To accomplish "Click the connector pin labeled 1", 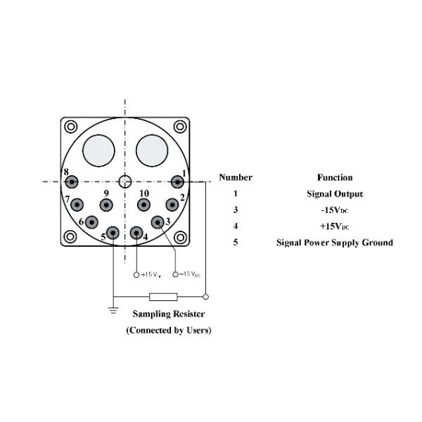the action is (178, 181).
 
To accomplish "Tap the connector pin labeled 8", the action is (72, 182).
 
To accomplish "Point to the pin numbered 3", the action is (158, 222).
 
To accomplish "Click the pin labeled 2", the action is (172, 205).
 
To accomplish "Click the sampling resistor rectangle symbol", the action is (163, 296).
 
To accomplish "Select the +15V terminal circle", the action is (136, 274).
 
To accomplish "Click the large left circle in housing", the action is (98, 150).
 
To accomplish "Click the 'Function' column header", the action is (334, 178).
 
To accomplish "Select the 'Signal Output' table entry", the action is (334, 194).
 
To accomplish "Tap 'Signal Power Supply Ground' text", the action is (334, 243).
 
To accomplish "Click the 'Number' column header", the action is (236, 178).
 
